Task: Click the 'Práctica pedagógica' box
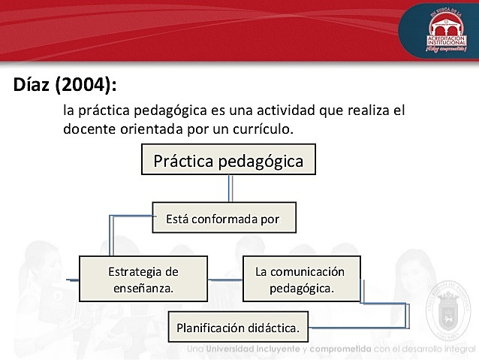tap(228, 161)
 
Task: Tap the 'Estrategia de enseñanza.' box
tap(143, 279)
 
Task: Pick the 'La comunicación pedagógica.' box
tap(300, 279)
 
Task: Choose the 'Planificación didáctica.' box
tap(238, 328)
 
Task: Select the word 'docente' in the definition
tap(88, 129)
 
